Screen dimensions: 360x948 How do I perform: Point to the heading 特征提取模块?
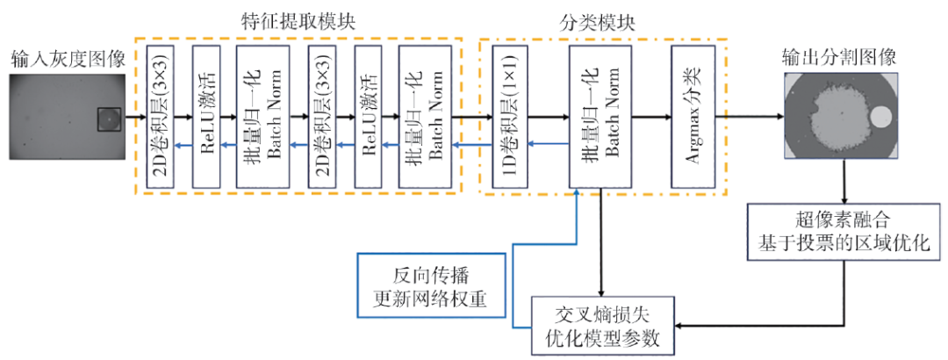point(300,18)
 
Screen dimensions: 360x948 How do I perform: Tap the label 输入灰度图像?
point(68,59)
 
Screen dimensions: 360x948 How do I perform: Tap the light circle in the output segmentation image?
point(880,115)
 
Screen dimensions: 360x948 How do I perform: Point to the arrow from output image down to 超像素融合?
point(844,183)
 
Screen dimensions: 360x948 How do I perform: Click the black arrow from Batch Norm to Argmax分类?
point(651,115)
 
